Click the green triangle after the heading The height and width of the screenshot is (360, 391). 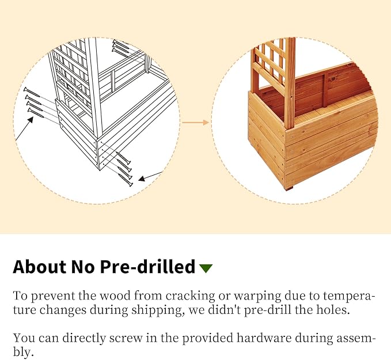coord(206,268)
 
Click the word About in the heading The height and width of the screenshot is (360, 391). coord(40,267)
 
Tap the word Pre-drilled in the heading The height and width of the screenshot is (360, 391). coord(147,267)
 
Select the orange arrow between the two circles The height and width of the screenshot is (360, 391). coord(195,122)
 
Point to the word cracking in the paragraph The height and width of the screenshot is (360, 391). coord(190,296)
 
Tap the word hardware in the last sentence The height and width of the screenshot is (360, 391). coord(264,338)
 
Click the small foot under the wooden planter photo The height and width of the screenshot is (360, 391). coord(289,187)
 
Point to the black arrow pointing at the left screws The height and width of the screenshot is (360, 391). coord(24,128)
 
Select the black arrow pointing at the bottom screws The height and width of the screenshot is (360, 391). coord(150,176)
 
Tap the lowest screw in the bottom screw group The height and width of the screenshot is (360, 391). coord(125,180)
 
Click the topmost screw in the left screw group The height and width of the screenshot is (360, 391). coord(32,92)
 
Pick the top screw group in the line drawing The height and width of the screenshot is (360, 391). coord(120,47)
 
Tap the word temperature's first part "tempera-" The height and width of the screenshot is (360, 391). coord(349,297)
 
